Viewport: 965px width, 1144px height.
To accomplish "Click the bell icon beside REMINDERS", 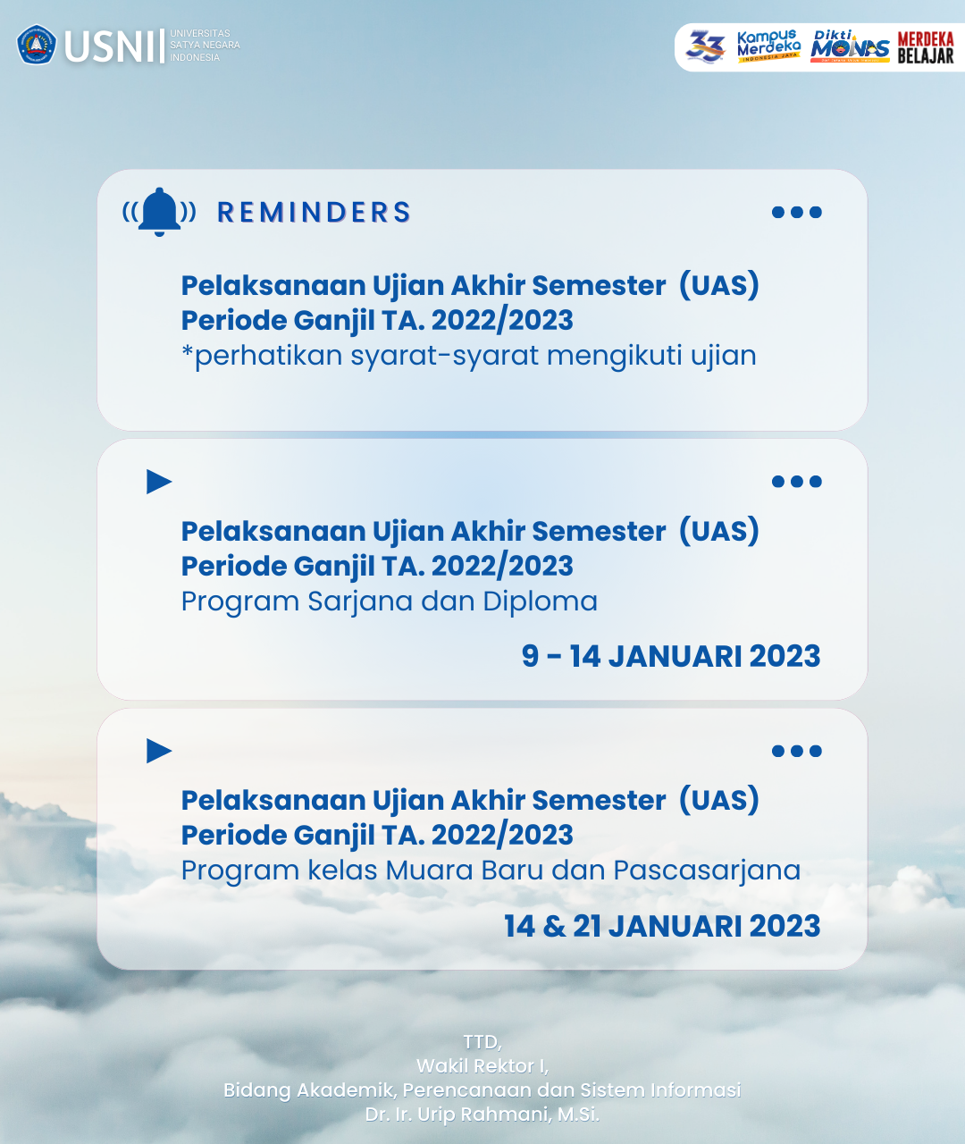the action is pos(159,212).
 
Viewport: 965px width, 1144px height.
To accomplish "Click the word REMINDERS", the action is pos(314,213).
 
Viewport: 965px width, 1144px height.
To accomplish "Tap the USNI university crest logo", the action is pos(36,45).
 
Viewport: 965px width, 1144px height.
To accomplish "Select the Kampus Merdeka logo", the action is pos(768,46).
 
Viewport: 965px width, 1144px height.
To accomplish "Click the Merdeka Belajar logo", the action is pos(926,47).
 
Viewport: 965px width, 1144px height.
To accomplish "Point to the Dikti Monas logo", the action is pos(850,46).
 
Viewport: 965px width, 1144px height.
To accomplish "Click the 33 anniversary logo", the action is pos(705,46).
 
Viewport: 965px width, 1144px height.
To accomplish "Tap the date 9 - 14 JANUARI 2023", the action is pos(671,656).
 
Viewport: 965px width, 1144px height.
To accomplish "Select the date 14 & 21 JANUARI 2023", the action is pos(662,926).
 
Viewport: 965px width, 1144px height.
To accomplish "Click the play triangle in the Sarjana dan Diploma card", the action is pos(159,482).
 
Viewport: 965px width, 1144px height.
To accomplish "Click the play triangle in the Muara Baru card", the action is pos(159,751).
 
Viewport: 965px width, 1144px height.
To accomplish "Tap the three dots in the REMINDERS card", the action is pos(797,212).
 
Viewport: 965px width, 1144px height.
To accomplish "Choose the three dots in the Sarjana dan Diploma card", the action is pos(797,481).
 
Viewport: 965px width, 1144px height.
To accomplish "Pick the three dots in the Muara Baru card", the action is pos(797,751).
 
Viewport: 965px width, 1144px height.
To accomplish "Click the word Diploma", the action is pos(540,602).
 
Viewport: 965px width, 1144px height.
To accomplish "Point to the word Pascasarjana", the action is pos(707,871).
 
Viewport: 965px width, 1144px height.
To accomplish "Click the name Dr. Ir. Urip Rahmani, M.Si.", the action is pos(482,1115).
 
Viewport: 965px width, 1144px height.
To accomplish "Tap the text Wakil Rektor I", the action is pos(482,1066).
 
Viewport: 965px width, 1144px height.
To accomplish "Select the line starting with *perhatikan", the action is pos(469,356).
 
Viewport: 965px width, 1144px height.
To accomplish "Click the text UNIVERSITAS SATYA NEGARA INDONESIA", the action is pos(205,46).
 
